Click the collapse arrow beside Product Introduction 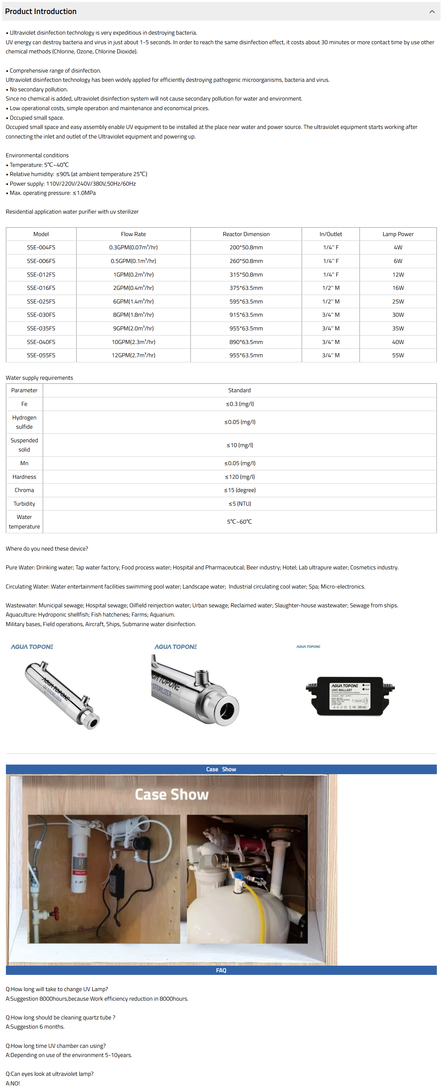point(431,12)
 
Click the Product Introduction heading point(41,11)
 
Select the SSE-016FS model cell point(41,288)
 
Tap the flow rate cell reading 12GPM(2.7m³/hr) point(133,355)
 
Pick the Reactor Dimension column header point(246,234)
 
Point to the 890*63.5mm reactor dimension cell point(246,342)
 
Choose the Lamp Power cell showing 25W point(397,301)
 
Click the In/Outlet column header point(330,234)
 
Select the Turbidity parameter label point(24,503)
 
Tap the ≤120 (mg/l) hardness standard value point(239,477)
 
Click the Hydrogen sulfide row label point(24,422)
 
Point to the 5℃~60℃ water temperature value point(239,522)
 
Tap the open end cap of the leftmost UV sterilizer point(92,722)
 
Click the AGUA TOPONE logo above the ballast point(308,646)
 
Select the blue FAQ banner point(221,970)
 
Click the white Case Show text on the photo point(172,794)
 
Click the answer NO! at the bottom point(13,1083)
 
